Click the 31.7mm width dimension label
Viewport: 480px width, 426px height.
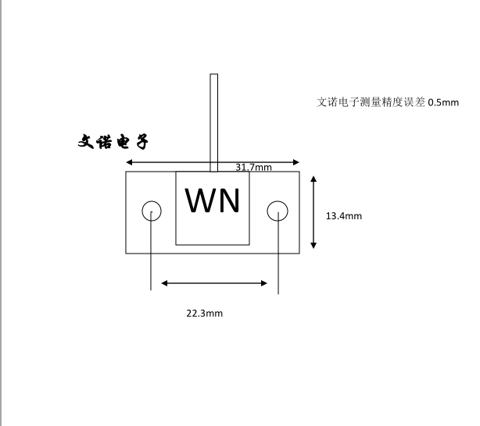point(253,167)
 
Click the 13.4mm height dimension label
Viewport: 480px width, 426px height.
point(343,216)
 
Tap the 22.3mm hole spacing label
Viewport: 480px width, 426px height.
point(204,314)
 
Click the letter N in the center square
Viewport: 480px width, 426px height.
point(229,201)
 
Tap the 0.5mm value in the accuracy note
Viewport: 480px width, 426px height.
point(443,102)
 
